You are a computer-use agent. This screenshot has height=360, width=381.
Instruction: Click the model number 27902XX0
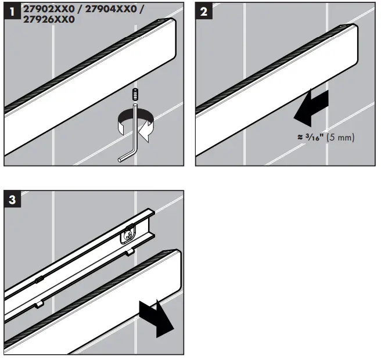(x=48, y=10)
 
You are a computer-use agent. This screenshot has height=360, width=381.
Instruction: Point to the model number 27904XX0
(x=108, y=10)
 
